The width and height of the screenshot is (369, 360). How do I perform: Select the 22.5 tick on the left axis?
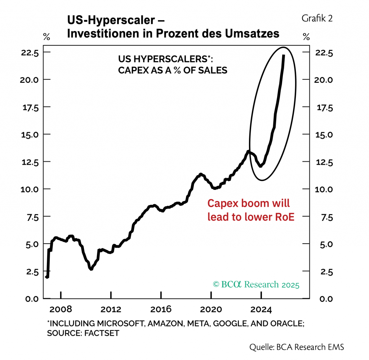(31, 53)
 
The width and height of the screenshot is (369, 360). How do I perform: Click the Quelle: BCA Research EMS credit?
(297, 347)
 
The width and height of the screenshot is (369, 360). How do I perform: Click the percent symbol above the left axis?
(46, 36)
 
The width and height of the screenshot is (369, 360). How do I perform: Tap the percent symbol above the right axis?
(306, 36)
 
